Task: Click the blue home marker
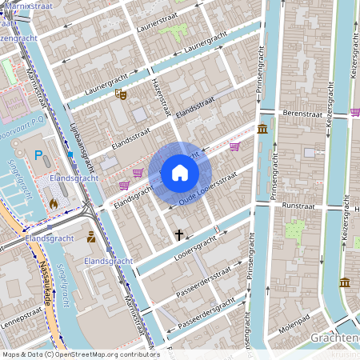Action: tap(179, 173)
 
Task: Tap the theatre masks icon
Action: tap(122, 94)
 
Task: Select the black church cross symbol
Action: tap(179, 235)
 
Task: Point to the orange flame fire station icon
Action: tap(54, 203)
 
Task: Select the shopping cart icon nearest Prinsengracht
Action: tap(234, 146)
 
